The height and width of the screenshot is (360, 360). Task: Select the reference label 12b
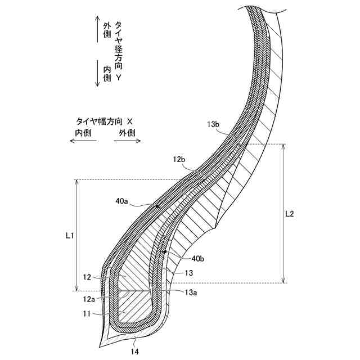[x=179, y=160]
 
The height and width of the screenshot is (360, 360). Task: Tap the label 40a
[x=121, y=200]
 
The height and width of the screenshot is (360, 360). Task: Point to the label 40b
[x=198, y=258]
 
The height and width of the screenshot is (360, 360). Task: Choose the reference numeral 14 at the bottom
[x=135, y=352]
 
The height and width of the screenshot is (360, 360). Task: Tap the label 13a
[x=191, y=292]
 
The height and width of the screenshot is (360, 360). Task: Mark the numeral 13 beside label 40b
[x=189, y=273]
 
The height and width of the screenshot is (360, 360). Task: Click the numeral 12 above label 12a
[x=87, y=277]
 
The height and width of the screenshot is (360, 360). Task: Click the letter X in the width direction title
[x=130, y=121]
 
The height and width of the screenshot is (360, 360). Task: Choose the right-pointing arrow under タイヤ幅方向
[x=127, y=141]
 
